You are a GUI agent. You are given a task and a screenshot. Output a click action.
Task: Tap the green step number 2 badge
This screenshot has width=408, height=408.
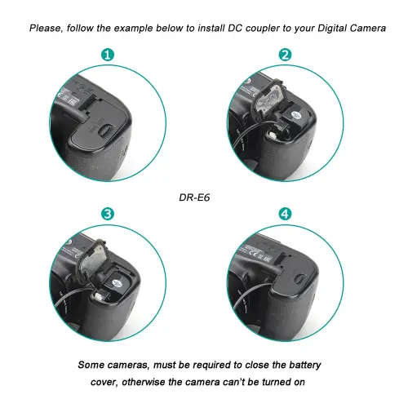pos(285,55)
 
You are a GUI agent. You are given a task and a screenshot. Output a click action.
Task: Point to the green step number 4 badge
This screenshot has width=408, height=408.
pos(285,214)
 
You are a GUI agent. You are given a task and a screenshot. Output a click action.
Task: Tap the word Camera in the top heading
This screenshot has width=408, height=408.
pos(358,27)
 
